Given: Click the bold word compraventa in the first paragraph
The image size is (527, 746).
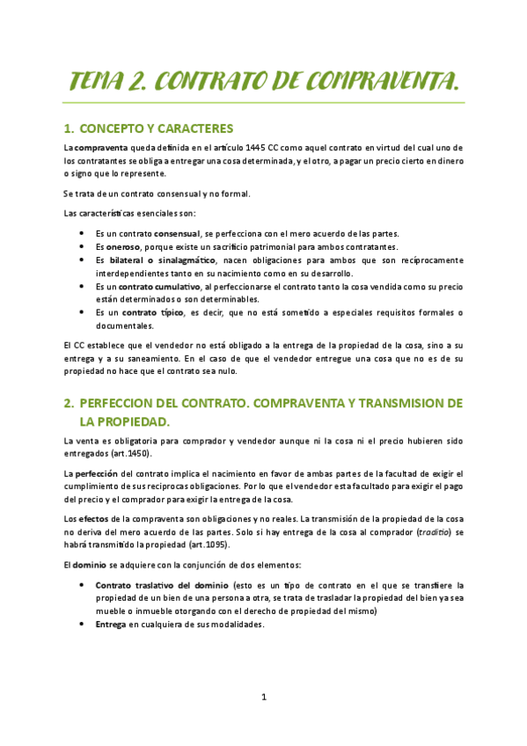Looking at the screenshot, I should pos(101,147).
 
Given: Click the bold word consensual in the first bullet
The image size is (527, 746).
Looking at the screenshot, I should pos(176,233).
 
